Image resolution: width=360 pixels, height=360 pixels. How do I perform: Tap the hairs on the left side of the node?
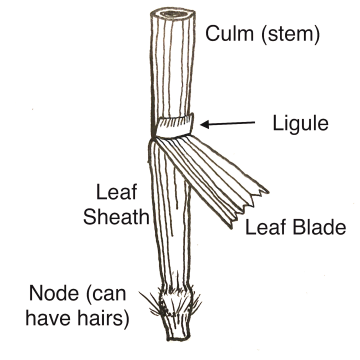(x=152, y=301)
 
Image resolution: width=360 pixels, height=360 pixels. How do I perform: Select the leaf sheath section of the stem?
(x=169, y=220)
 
